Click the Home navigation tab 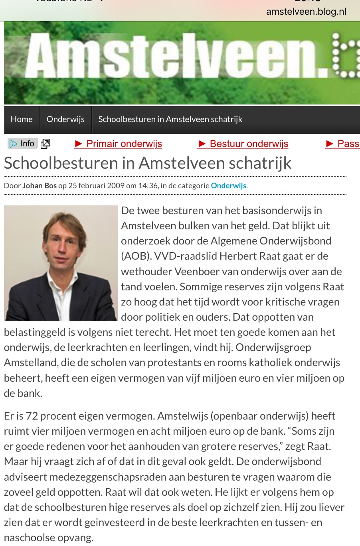tap(22, 119)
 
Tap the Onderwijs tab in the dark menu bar tap(65, 119)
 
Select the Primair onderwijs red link tap(119, 144)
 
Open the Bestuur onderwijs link tap(243, 144)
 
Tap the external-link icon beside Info tap(46, 144)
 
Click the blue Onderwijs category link tap(228, 185)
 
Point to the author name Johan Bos tap(40, 185)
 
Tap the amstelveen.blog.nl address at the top tap(306, 12)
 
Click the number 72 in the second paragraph tap(32, 416)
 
